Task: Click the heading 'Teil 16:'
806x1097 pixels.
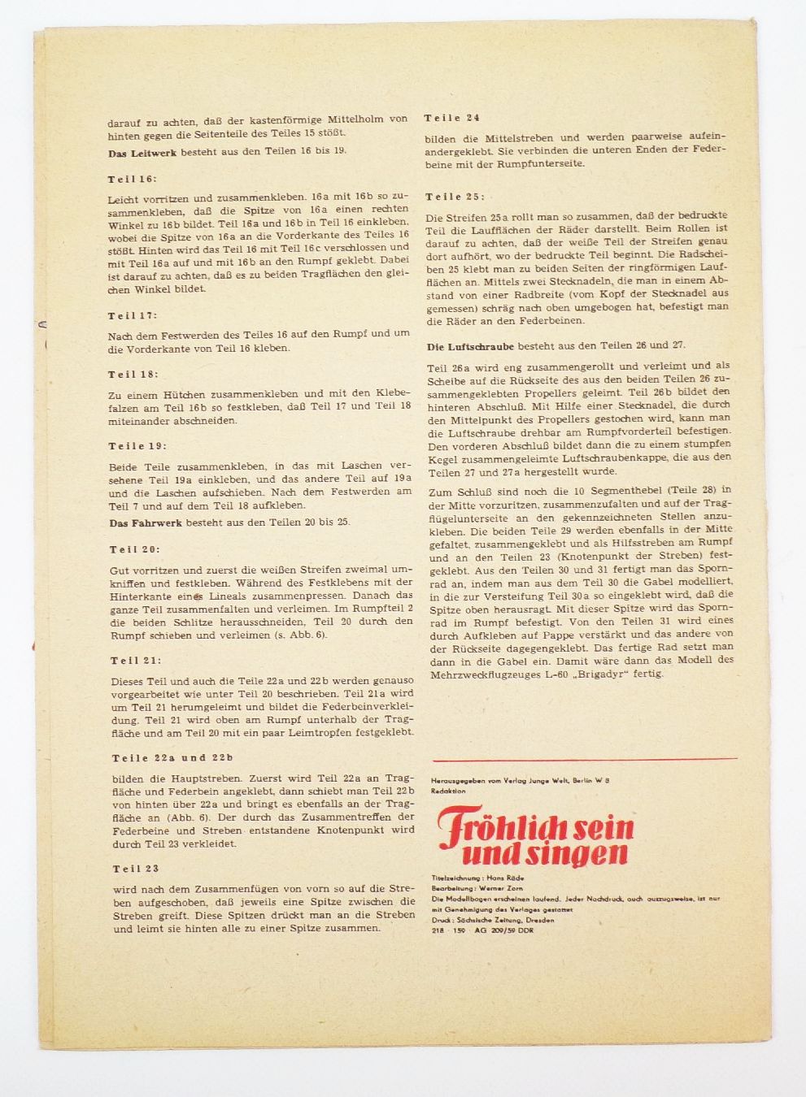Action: click(x=132, y=179)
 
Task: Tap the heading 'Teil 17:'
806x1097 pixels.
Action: click(x=133, y=314)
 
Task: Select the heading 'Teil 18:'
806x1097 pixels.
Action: click(x=133, y=374)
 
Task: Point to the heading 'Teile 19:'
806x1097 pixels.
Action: click(x=137, y=446)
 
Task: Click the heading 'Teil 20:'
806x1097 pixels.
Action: click(x=134, y=549)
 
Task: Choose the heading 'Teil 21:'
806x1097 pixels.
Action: click(x=135, y=661)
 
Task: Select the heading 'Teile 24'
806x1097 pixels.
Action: click(x=451, y=118)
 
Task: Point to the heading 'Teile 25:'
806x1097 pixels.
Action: click(x=454, y=197)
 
